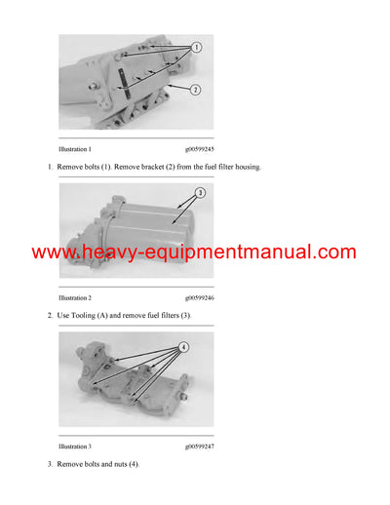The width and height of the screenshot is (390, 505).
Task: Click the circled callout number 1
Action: (195, 47)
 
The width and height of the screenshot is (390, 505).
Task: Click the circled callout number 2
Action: (195, 89)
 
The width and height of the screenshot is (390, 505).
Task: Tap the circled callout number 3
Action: (199, 193)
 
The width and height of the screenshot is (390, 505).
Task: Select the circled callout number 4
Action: (183, 347)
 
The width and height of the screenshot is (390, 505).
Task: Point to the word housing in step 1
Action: (245, 168)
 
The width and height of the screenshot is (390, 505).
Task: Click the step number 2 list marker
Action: (50, 316)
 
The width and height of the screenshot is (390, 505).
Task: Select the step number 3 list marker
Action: (50, 464)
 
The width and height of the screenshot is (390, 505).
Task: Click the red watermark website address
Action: (194, 252)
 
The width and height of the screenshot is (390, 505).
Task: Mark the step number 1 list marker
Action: (50, 168)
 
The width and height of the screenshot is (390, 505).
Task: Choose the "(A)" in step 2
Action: (106, 316)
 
